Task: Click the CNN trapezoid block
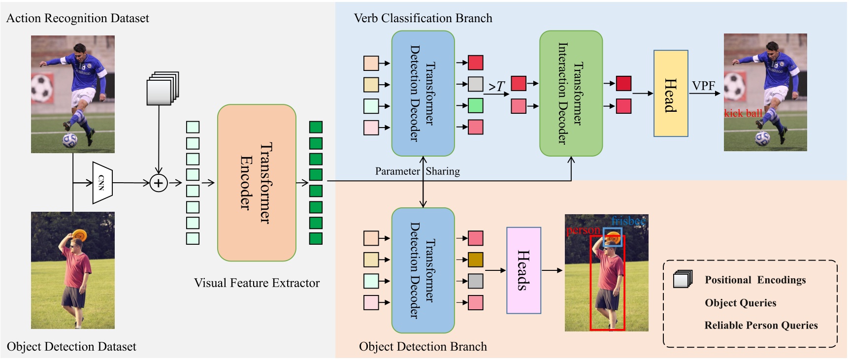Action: click(102, 183)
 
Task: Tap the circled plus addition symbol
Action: click(159, 183)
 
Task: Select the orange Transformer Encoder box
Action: click(257, 183)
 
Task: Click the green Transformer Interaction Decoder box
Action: click(571, 94)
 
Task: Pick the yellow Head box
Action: click(670, 94)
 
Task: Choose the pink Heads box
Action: click(523, 270)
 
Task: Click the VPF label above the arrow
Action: click(703, 86)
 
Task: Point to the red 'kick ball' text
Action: click(743, 113)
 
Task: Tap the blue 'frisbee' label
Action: click(628, 221)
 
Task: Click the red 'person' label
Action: click(583, 230)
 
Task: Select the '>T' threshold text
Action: click(496, 87)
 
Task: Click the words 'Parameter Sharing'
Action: click(417, 171)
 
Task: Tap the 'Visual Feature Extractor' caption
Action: click(257, 283)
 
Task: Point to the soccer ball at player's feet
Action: click(69, 139)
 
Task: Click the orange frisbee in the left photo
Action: click(79, 235)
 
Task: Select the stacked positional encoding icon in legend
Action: click(683, 279)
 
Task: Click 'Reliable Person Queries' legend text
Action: click(761, 325)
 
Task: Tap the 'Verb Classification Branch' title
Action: click(423, 18)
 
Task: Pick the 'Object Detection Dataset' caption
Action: click(71, 347)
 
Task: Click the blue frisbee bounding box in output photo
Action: click(613, 237)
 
